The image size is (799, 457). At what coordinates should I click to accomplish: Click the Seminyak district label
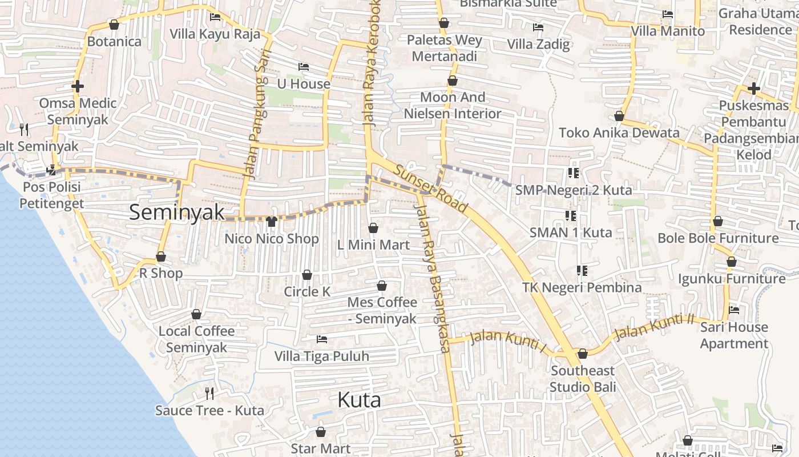pyautogui.click(x=177, y=212)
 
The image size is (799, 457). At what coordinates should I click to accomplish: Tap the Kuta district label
pyautogui.click(x=359, y=400)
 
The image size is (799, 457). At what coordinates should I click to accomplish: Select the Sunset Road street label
pyautogui.click(x=431, y=189)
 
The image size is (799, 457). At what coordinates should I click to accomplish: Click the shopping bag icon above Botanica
pyautogui.click(x=114, y=25)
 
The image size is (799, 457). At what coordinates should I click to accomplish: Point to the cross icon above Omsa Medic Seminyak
pyautogui.click(x=78, y=86)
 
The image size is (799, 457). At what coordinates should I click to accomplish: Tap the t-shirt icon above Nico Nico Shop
pyautogui.click(x=271, y=222)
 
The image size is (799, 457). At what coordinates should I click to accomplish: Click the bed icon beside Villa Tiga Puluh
pyautogui.click(x=322, y=339)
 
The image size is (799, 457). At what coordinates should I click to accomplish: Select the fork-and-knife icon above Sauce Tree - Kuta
pyautogui.click(x=209, y=393)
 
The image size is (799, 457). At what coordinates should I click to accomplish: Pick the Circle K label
pyautogui.click(x=307, y=291)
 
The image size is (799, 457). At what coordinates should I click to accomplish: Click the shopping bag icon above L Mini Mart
pyautogui.click(x=373, y=228)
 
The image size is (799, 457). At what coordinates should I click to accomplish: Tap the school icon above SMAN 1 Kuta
pyautogui.click(x=570, y=215)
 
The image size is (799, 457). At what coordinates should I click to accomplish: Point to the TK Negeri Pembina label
pyautogui.click(x=582, y=287)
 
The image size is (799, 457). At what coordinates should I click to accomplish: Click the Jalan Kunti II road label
pyautogui.click(x=656, y=326)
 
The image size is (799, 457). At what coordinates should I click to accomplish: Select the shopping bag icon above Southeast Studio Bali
pyautogui.click(x=582, y=354)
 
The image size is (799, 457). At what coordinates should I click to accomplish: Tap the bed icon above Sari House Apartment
pyautogui.click(x=734, y=310)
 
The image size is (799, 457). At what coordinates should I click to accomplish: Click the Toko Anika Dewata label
pyautogui.click(x=619, y=133)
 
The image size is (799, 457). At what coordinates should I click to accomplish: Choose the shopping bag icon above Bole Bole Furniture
pyautogui.click(x=718, y=221)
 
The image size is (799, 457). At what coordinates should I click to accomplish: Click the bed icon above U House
pyautogui.click(x=304, y=67)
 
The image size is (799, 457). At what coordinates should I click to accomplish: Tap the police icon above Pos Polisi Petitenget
pyautogui.click(x=51, y=170)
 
